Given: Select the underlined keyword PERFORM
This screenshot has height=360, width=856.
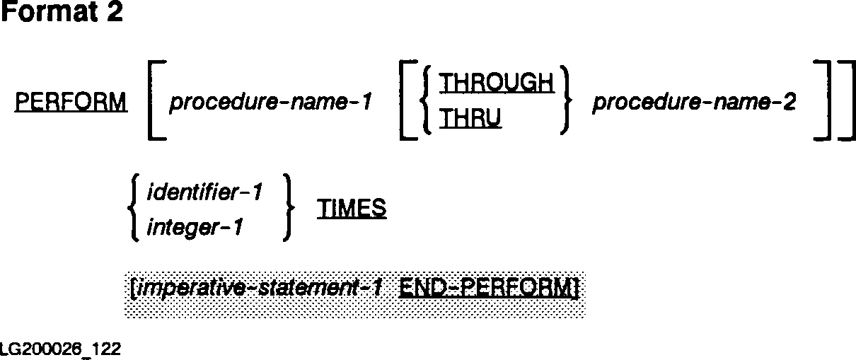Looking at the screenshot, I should tap(71, 103).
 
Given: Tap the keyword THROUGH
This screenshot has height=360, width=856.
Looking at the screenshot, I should tap(496, 84).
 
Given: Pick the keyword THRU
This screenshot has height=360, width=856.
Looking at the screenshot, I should tap(470, 122).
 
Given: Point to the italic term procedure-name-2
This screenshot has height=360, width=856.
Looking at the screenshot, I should tap(694, 103).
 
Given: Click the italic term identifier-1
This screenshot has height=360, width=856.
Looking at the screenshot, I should tap(204, 191).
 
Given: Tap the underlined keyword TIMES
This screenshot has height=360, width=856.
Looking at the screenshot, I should tap(352, 209).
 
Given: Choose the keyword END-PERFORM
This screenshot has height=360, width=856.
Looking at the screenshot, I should tap(487, 289).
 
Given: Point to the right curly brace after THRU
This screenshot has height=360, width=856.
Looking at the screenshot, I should tap(564, 103).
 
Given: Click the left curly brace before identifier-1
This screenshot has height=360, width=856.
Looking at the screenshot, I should tap(132, 209).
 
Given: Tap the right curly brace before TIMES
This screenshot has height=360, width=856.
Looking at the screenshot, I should tap(287, 209).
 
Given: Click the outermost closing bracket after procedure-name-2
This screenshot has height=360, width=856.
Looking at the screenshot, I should tap(845, 103).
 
